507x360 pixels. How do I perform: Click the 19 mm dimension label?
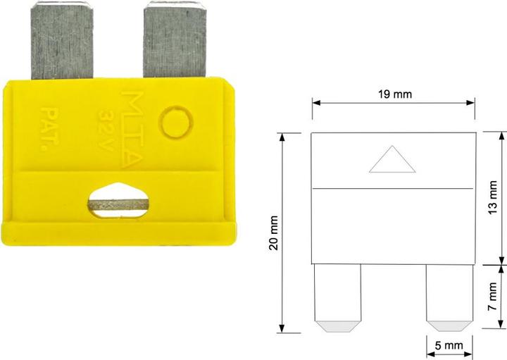pyautogui.click(x=394, y=94)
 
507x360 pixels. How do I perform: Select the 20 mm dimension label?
pyautogui.click(x=273, y=232)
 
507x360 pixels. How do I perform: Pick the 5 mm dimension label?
pyautogui.click(x=449, y=346)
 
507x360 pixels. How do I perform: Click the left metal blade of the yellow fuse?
pyautogui.click(x=63, y=42)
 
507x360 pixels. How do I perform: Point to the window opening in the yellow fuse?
pyautogui.click(x=119, y=200)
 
